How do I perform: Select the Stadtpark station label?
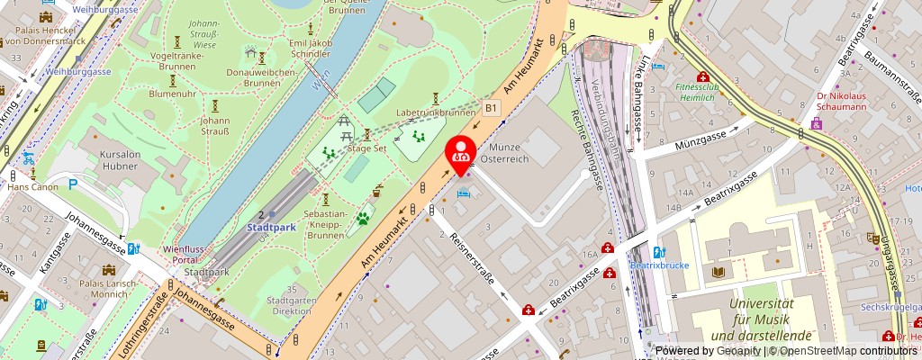(271, 228)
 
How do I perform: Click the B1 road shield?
(491, 108)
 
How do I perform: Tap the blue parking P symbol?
(74, 184)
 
